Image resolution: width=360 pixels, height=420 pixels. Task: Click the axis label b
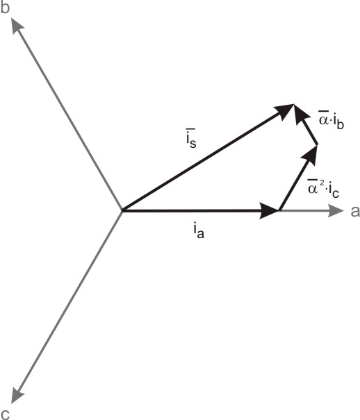(x=5, y=8)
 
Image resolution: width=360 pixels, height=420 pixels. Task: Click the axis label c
(x=6, y=414)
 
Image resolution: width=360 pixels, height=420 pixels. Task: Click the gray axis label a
(x=355, y=211)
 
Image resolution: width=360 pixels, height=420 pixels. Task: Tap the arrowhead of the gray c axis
(x=17, y=396)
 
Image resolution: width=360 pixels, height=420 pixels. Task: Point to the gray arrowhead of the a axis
(x=336, y=210)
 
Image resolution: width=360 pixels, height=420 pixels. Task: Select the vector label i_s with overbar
(x=191, y=139)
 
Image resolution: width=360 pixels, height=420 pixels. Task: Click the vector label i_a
(x=198, y=231)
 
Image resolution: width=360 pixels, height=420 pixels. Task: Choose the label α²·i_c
(x=323, y=188)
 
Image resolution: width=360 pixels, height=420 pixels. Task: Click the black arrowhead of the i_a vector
(x=269, y=210)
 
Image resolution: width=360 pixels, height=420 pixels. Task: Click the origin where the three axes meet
(x=122, y=210)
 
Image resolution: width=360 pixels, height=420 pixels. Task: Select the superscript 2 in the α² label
(x=322, y=182)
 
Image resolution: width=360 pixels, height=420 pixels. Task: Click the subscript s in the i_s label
(x=193, y=143)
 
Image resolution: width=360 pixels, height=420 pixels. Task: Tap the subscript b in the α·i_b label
(x=340, y=124)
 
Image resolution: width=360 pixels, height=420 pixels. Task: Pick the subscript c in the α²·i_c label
(x=336, y=194)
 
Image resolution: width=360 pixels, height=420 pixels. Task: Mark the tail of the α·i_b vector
(x=318, y=144)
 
